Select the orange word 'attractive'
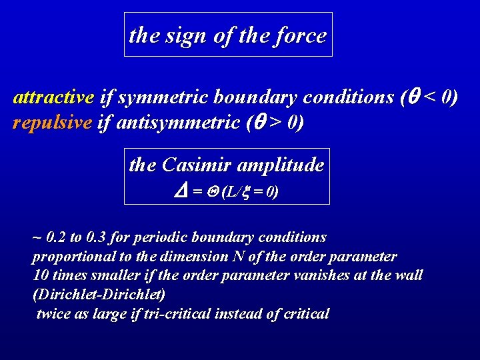[53, 98]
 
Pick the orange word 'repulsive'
[51, 123]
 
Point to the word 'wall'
[409, 275]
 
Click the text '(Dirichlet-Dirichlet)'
[99, 294]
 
